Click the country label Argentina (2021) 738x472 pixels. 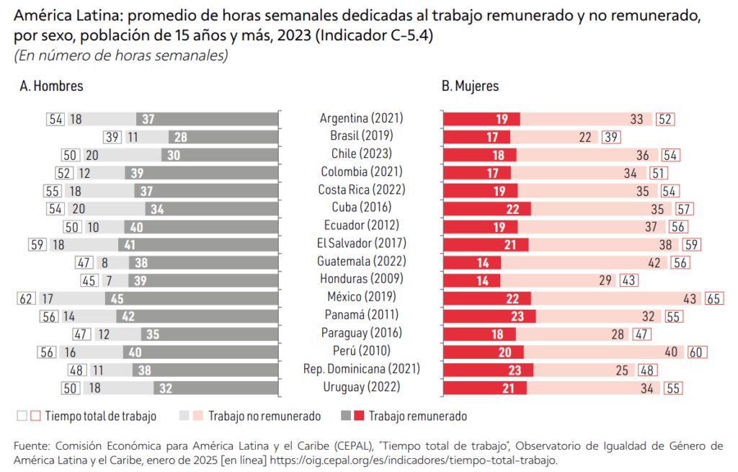click(x=361, y=118)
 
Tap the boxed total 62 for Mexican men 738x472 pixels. click(x=26, y=297)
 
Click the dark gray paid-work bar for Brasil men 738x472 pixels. click(x=224, y=137)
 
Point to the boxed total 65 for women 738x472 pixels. click(x=714, y=298)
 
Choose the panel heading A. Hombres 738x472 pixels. click(x=51, y=86)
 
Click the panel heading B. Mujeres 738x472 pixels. click(x=470, y=86)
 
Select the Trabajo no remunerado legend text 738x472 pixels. click(x=265, y=416)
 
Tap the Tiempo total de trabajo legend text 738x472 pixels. click(x=100, y=416)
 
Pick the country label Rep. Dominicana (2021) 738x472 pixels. click(x=361, y=369)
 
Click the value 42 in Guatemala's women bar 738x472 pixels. click(x=654, y=262)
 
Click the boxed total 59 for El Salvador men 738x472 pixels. click(x=37, y=244)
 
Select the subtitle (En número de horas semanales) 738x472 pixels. click(x=121, y=55)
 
